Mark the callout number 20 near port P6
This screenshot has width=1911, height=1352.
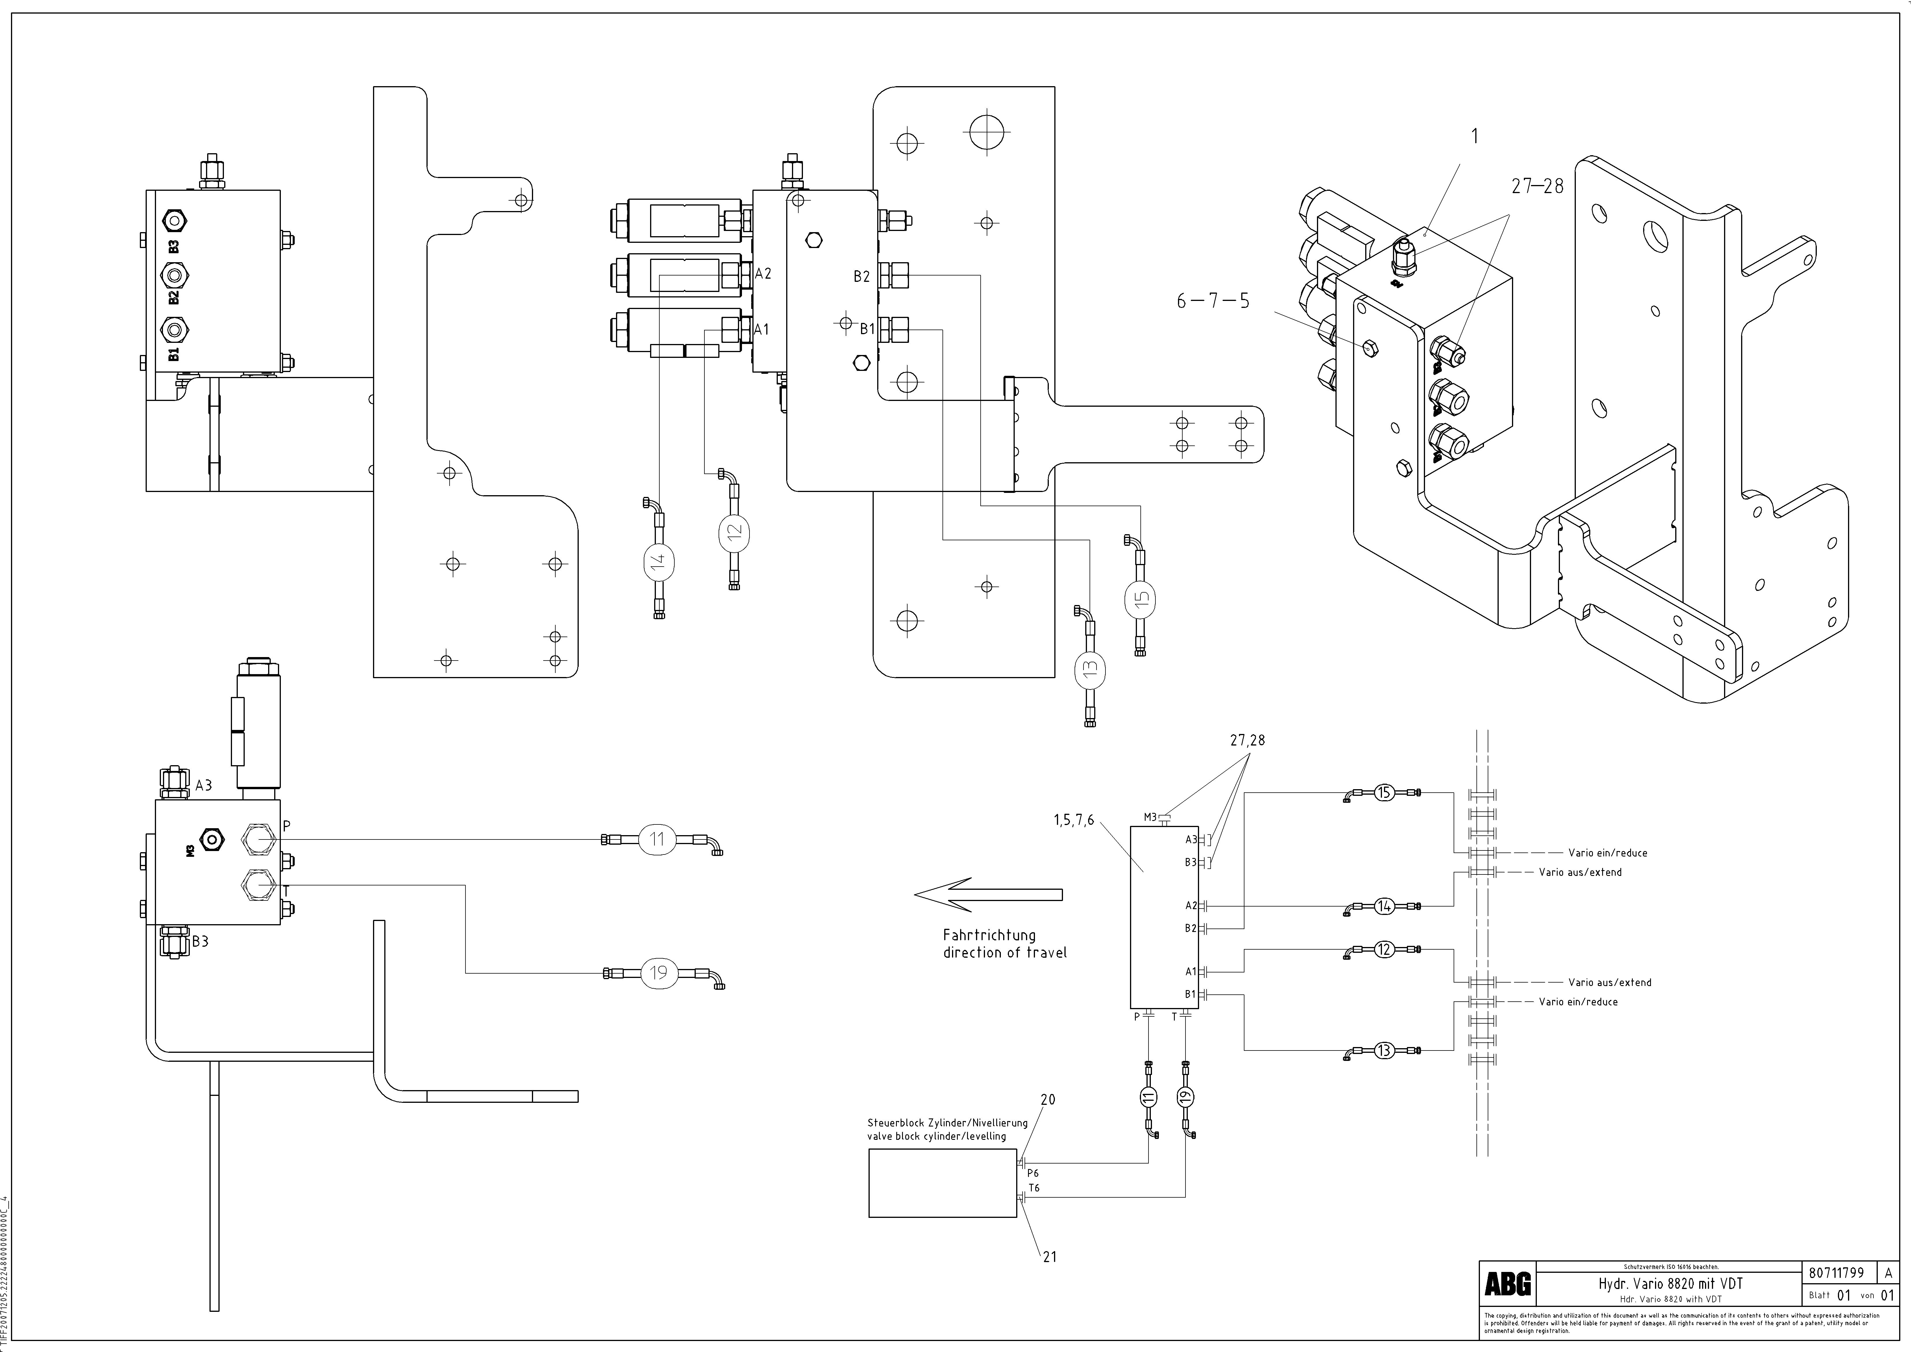[x=1048, y=1100]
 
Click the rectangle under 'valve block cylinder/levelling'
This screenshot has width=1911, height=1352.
[x=942, y=1183]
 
